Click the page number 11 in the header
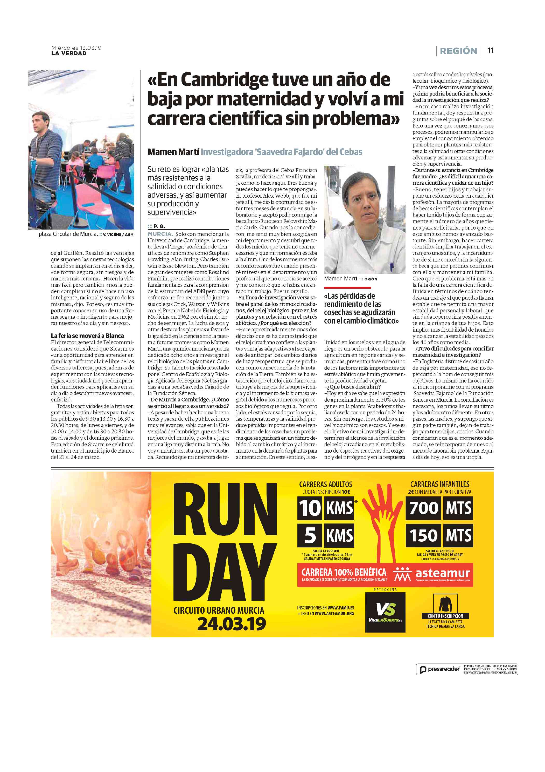491,50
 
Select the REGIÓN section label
458,51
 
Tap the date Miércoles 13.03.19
76,48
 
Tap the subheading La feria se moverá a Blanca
87,335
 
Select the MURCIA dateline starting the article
160,234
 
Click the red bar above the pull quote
347,287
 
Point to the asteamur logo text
443,573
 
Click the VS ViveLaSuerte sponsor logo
385,612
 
